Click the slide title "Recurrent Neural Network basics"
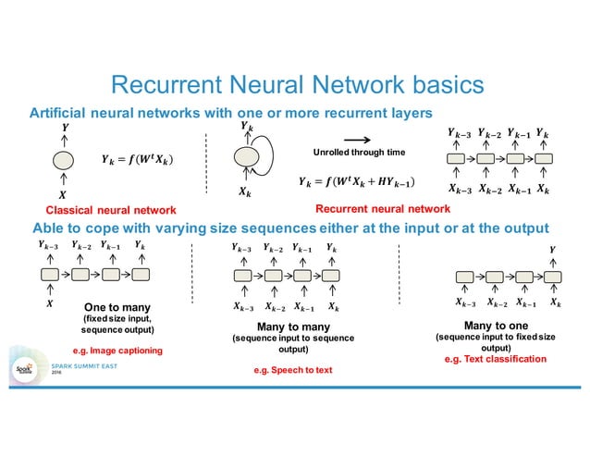296,85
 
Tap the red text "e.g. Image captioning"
117,351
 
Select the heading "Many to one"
497,326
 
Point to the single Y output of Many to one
553,249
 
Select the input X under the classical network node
63,195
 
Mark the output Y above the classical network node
64,126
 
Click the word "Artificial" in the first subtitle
58,113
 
